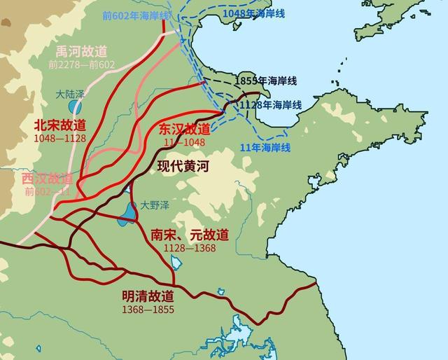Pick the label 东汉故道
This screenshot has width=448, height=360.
click(184, 129)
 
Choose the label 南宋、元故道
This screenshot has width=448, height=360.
click(189, 235)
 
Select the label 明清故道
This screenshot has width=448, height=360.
click(147, 296)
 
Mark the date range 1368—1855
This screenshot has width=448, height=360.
click(147, 308)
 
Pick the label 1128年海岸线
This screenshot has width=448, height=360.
click(270, 104)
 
